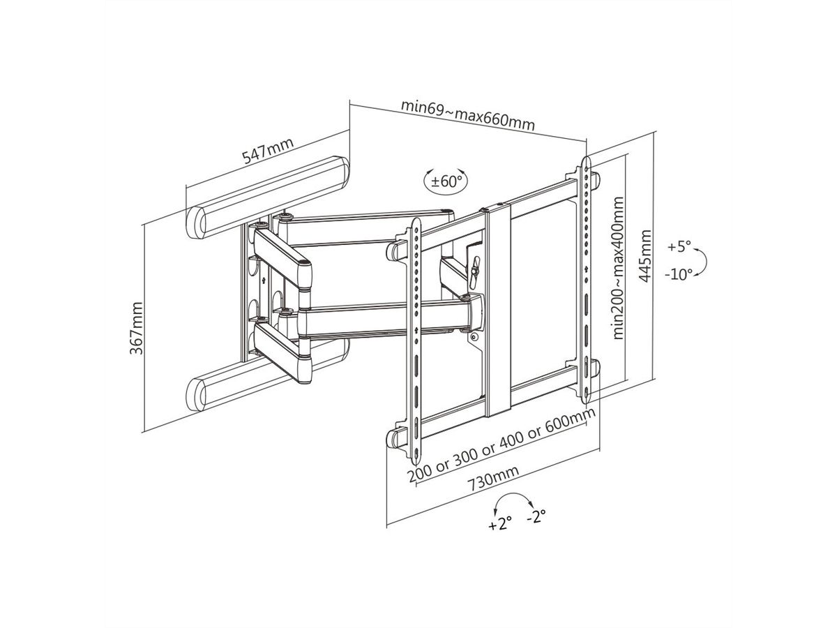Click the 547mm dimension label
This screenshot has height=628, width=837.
[268, 152]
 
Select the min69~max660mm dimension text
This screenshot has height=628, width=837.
[467, 115]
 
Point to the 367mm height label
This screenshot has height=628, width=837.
[137, 328]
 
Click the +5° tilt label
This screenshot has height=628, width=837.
[678, 247]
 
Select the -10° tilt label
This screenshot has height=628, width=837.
[678, 274]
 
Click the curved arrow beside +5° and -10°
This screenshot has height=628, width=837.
[703, 261]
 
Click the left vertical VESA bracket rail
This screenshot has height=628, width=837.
[414, 335]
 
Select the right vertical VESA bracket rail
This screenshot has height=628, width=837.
[585, 279]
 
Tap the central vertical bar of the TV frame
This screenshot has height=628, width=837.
[498, 307]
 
